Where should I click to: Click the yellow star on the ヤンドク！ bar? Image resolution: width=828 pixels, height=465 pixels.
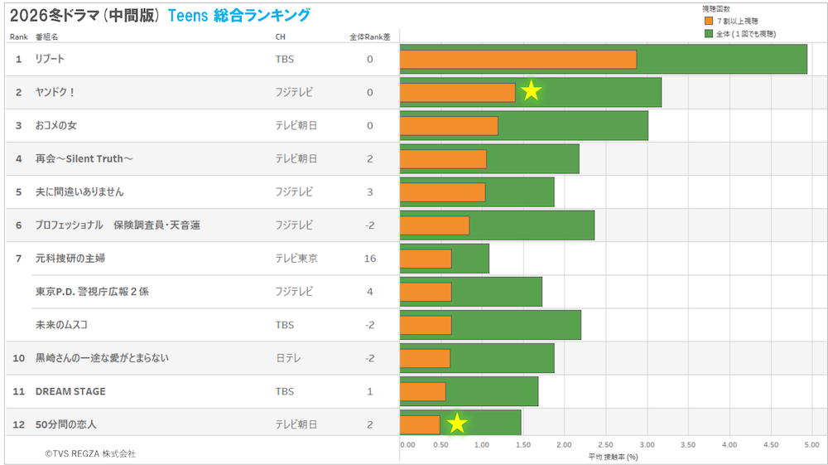(x=531, y=91)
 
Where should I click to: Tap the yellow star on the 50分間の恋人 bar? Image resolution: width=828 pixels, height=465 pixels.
(x=457, y=424)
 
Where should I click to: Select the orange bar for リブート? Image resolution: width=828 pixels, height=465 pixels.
(x=517, y=59)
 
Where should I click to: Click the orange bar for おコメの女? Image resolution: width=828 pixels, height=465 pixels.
(x=449, y=125)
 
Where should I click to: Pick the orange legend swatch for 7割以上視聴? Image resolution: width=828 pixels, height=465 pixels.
(x=708, y=20)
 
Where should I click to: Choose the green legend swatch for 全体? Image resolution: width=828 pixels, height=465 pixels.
(x=708, y=33)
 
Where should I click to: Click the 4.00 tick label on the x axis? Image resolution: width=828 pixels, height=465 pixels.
(x=729, y=445)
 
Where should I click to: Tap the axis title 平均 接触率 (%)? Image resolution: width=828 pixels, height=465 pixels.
(x=613, y=457)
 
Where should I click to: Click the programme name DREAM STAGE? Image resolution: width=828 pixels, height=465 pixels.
(x=70, y=391)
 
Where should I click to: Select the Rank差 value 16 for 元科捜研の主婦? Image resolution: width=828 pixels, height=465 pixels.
(x=370, y=259)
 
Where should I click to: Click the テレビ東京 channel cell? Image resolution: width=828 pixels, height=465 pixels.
(x=296, y=259)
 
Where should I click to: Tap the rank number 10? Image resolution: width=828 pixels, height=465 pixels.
(x=17, y=358)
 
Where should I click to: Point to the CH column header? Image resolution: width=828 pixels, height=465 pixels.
(x=281, y=37)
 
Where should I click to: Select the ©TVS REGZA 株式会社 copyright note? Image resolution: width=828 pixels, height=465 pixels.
(x=90, y=453)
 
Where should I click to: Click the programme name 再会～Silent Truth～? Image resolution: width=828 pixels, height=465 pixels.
(x=85, y=158)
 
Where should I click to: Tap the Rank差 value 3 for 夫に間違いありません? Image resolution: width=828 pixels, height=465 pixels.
(x=370, y=191)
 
